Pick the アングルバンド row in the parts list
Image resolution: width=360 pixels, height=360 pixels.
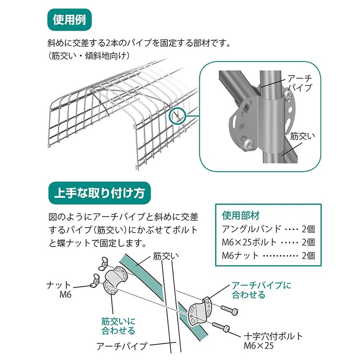268,228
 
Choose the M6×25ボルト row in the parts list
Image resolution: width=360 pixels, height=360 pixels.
268,242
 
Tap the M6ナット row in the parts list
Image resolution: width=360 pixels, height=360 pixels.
268,256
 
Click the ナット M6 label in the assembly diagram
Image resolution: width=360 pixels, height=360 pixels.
61,289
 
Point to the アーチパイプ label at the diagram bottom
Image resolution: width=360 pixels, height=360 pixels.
121,346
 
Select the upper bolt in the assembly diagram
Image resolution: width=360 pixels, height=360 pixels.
229,310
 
